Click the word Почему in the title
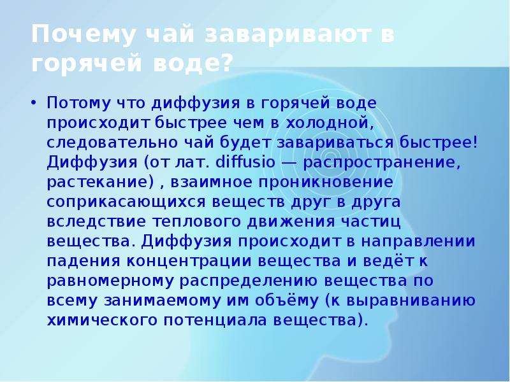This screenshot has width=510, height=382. click(83, 34)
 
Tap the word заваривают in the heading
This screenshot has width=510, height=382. click(288, 34)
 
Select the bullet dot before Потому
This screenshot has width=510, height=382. click(34, 103)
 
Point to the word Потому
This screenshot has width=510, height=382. click(78, 103)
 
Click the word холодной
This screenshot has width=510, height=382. click(329, 124)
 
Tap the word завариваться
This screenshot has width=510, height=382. click(335, 143)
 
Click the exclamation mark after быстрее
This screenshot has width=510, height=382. click(476, 142)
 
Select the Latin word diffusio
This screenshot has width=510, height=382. click(245, 162)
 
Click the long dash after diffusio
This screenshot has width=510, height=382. click(289, 163)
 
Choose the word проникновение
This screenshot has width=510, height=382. click(326, 183)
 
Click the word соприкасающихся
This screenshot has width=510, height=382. click(126, 202)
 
